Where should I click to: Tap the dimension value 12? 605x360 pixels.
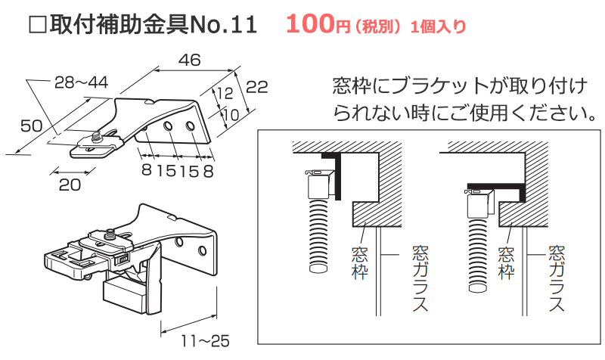[x=224, y=93]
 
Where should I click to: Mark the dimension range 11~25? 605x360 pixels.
[x=200, y=341]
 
